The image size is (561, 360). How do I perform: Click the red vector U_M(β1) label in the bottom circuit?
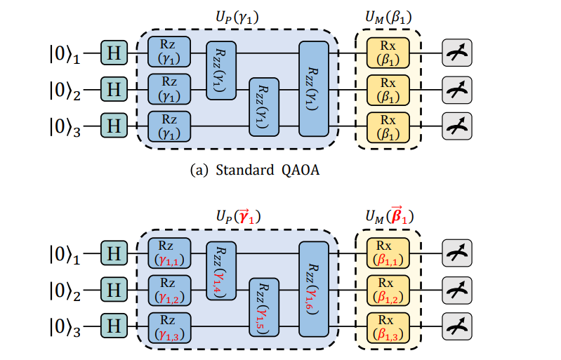click(388, 216)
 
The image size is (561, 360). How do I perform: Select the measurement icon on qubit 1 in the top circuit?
click(457, 53)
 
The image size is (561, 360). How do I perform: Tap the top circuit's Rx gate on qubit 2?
click(388, 90)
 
